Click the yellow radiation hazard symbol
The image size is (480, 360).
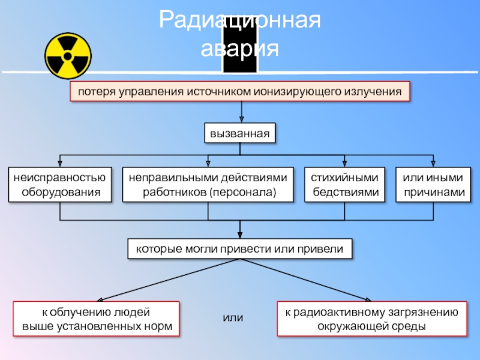tap(67, 56)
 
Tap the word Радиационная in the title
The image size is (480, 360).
tap(240, 22)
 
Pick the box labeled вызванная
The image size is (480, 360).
tap(240, 133)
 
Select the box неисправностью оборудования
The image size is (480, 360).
tap(60, 185)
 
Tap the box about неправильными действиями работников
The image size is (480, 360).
tap(209, 185)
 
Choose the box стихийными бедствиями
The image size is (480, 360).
tap(344, 185)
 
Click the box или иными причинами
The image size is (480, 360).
tap(433, 185)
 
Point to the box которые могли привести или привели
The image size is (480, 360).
tap(240, 248)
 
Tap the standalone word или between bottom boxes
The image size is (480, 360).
tap(233, 317)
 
